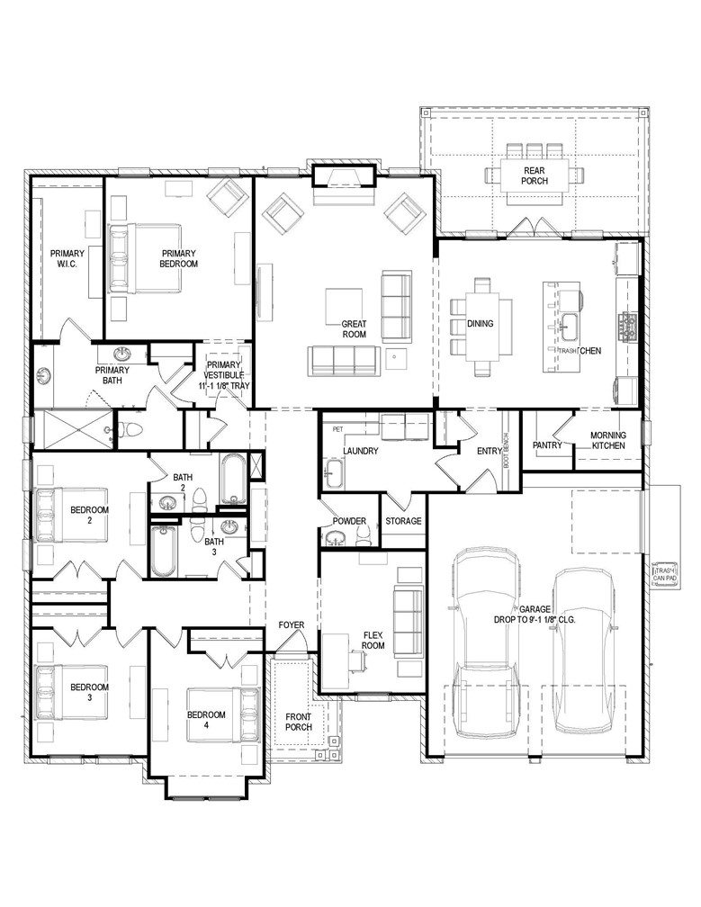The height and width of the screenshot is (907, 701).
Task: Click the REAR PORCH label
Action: click(x=535, y=175)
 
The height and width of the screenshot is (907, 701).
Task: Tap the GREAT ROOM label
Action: click(x=354, y=328)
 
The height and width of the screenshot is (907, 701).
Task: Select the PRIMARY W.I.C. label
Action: click(x=67, y=258)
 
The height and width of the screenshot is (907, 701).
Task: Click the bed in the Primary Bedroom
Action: click(x=147, y=258)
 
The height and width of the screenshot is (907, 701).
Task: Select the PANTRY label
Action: click(x=547, y=445)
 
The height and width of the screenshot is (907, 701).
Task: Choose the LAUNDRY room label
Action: click(x=360, y=451)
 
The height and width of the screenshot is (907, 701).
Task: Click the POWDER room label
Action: click(x=349, y=521)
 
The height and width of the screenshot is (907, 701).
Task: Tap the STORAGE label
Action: click(x=403, y=521)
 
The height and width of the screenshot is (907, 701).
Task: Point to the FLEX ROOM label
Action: click(x=373, y=639)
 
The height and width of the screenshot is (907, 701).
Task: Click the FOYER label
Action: click(x=291, y=624)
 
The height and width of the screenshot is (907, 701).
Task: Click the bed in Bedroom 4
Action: click(x=223, y=714)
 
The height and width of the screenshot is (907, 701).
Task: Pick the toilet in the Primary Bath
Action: click(x=131, y=429)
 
